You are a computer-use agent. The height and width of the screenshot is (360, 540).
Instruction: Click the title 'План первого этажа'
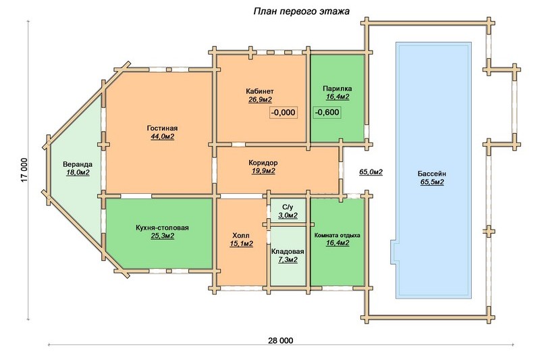pyautogui.click(x=301, y=11)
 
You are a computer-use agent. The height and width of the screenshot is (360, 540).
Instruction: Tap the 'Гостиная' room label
pyautogui.click(x=162, y=128)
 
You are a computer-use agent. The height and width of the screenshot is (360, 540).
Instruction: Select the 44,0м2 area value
pyautogui.click(x=162, y=136)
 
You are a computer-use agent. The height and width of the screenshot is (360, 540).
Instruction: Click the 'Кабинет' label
pyautogui.click(x=260, y=91)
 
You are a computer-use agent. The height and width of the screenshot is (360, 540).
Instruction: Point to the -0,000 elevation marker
pyautogui.click(x=283, y=112)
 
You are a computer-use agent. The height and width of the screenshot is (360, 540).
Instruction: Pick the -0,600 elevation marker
pyautogui.click(x=327, y=112)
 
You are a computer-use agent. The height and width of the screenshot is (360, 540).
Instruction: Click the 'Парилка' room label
pyautogui.click(x=337, y=88)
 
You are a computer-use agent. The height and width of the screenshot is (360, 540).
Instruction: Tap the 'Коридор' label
pyautogui.click(x=263, y=163)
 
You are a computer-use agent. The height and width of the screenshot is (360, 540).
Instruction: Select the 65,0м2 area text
pyautogui.click(x=371, y=172)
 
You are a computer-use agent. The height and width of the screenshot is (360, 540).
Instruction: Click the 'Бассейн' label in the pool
pyautogui.click(x=432, y=174)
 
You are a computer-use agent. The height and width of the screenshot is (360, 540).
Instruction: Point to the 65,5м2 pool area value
pyautogui.click(x=432, y=182)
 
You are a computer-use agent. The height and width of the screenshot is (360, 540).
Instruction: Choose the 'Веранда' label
pyautogui.click(x=78, y=164)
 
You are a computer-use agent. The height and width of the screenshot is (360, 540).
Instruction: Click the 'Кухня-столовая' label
pyautogui.click(x=162, y=228)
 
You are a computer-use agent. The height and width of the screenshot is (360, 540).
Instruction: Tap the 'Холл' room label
pyautogui.click(x=241, y=236)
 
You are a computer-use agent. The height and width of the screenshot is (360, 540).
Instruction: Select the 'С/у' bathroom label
pyautogui.click(x=288, y=207)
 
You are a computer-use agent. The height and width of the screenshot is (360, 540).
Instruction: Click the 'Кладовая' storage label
pyautogui.click(x=288, y=251)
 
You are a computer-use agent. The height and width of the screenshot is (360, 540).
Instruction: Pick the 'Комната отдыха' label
pyautogui.click(x=337, y=235)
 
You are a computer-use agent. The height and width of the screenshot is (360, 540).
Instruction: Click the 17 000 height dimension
pyautogui.click(x=24, y=170)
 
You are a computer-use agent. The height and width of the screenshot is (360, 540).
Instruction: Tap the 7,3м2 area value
pyautogui.click(x=288, y=260)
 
